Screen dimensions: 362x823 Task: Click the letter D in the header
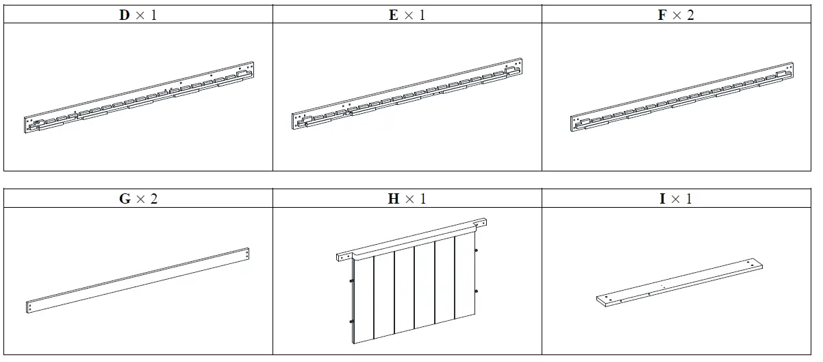[x=125, y=15]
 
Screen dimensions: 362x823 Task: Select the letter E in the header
[x=393, y=15]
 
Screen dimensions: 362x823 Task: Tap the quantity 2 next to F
[x=690, y=15]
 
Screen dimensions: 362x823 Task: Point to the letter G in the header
[x=125, y=200]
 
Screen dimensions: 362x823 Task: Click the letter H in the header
[x=393, y=200]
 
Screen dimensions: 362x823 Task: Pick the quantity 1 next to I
[x=688, y=200]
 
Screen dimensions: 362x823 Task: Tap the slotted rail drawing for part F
[x=681, y=98]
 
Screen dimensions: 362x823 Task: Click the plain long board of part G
[x=138, y=281]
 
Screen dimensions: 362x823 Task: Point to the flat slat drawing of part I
[x=679, y=282]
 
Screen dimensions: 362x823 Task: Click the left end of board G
[x=29, y=307]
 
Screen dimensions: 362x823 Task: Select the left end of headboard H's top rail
[x=340, y=257]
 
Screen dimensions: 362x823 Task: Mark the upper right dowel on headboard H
[x=476, y=251]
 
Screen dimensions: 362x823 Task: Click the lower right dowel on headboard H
[x=476, y=292]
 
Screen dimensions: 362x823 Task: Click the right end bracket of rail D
[x=244, y=71]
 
